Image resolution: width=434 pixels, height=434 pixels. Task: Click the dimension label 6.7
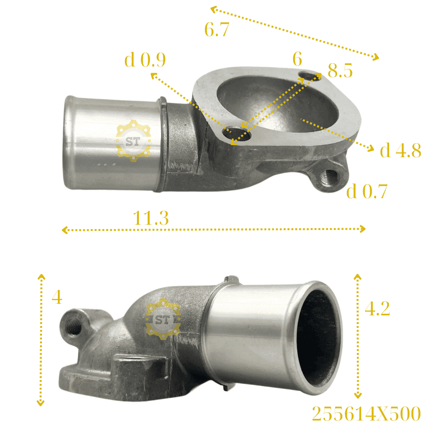tap(217, 29)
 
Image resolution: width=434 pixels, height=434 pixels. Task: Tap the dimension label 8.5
tap(340, 70)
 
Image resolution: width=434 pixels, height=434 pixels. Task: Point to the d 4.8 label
tap(401, 150)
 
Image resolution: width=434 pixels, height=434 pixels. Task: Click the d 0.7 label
tap(367, 191)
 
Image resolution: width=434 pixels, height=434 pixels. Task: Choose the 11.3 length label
tap(151, 218)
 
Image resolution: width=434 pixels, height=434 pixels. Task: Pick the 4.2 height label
tap(377, 308)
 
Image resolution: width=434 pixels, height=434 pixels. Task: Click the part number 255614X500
tap(366, 414)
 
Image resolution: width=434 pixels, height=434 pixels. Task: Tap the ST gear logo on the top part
tap(133, 141)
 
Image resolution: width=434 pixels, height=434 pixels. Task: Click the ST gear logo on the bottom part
tap(163, 319)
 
